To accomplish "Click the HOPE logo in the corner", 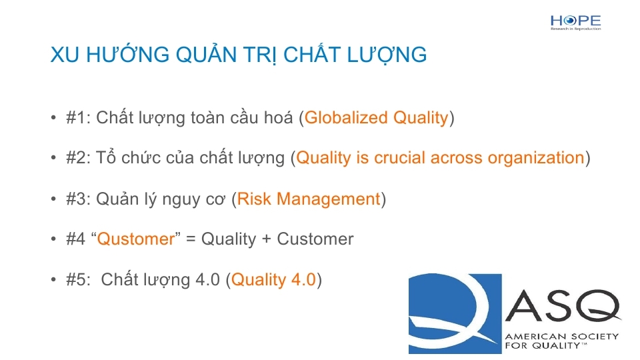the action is point(575,23).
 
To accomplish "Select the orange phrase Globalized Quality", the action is point(376,118).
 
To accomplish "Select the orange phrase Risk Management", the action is point(309,199).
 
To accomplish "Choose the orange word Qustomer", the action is point(136,239).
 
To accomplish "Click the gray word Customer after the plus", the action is point(315,239).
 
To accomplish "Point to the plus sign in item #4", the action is point(266,239).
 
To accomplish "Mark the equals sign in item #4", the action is point(191,239).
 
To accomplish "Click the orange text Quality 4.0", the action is point(273,280).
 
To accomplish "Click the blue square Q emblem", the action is point(455,313).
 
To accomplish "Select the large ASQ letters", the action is point(563,306).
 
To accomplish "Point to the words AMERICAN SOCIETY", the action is point(561,337).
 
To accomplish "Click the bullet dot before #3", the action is point(53,199).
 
